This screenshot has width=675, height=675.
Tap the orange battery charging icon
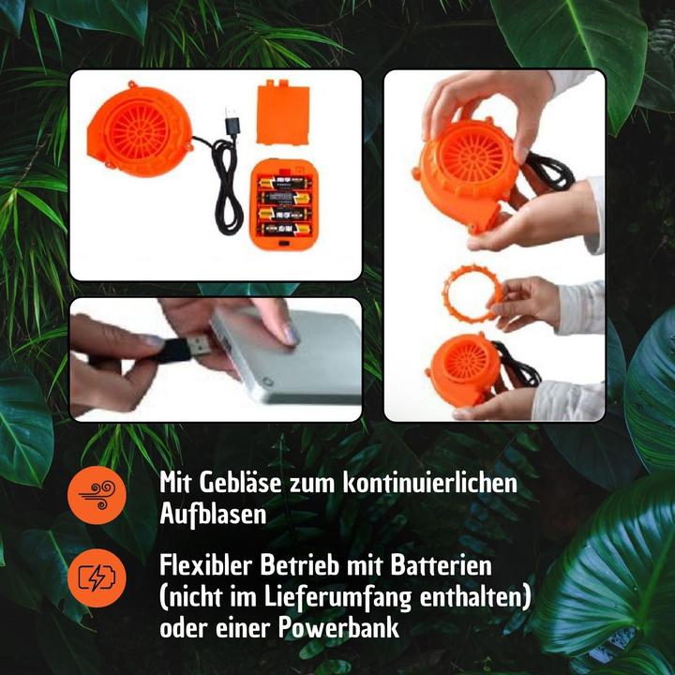point(97,578)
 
